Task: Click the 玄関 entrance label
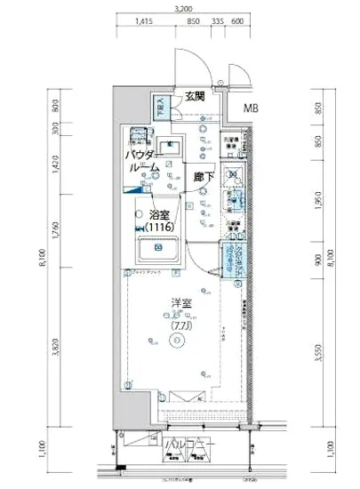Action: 196,96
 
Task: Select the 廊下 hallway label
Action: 204,177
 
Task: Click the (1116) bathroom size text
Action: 159,228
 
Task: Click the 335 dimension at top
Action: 219,22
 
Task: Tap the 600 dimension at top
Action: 238,22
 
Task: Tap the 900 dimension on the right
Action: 318,262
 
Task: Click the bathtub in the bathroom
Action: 158,252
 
